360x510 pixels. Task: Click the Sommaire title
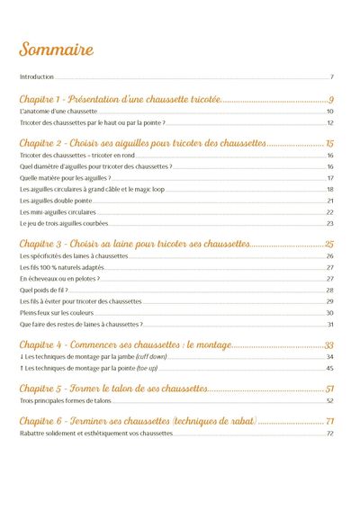[56, 49]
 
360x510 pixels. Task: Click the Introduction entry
[37, 77]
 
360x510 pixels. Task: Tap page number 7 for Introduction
[332, 77]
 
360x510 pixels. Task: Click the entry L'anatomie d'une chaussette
[58, 111]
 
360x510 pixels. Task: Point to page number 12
[330, 122]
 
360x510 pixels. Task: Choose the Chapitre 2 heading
[143, 144]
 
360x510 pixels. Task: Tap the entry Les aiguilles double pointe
[56, 201]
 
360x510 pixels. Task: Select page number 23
[330, 223]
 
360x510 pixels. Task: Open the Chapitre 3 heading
[134, 244]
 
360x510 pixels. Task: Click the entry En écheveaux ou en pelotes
[59, 279]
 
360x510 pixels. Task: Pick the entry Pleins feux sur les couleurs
[56, 312]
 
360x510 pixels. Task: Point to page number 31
[330, 324]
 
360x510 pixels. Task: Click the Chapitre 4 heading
[125, 345]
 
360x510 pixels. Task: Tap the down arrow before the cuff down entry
[22, 357]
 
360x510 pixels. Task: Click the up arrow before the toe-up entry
[22, 368]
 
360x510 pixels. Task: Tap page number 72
[330, 434]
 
